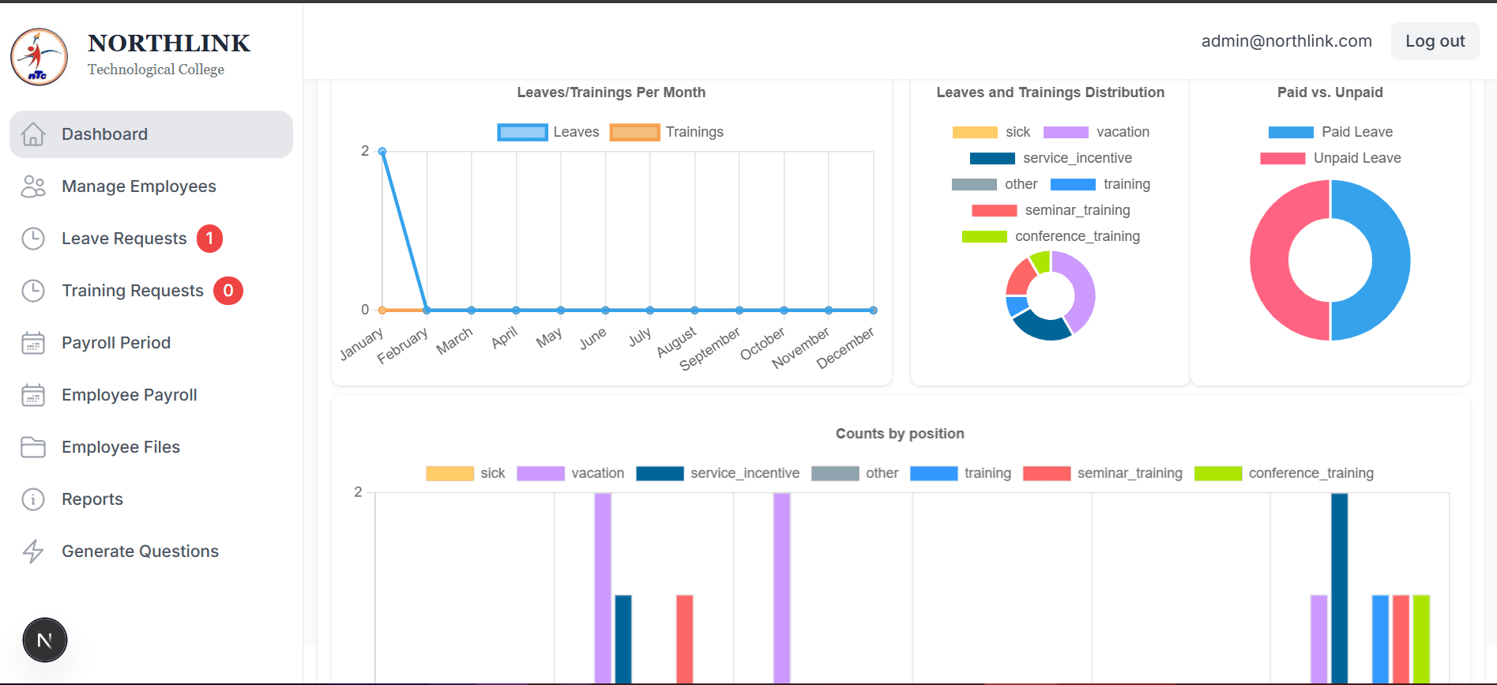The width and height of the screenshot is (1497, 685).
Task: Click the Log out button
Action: (x=1435, y=41)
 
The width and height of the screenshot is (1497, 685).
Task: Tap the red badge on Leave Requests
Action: (x=209, y=239)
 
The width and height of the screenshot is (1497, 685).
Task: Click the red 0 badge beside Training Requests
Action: (x=228, y=291)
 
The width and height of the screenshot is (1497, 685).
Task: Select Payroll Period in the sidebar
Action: (x=115, y=343)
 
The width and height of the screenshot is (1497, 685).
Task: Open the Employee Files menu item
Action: (x=120, y=447)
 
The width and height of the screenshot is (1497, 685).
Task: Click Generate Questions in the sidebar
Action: (x=140, y=551)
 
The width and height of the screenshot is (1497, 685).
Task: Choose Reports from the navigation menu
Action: (x=92, y=499)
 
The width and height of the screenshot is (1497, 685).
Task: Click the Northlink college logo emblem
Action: (x=39, y=57)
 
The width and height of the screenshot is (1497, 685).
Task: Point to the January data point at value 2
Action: (x=382, y=151)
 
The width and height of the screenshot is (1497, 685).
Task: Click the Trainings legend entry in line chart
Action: (x=668, y=132)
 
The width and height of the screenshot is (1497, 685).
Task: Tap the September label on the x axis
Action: (x=710, y=348)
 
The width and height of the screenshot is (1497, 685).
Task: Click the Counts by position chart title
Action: (x=900, y=434)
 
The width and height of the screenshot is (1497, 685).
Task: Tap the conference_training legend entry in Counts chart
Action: (x=1284, y=473)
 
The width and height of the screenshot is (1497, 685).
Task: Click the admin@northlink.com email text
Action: (x=1286, y=41)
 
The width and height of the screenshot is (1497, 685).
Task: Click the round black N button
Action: (x=45, y=640)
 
